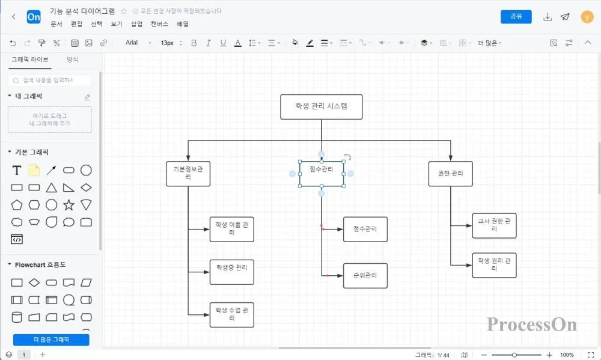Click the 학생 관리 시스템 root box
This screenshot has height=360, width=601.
point(321,106)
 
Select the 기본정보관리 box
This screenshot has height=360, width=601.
point(188,174)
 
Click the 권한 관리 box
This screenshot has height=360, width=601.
point(450,174)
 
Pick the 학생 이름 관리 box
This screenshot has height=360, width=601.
point(231,229)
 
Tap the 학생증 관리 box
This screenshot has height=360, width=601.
point(231,272)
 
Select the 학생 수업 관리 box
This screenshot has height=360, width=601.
point(231,314)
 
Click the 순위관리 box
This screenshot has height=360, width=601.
point(365,276)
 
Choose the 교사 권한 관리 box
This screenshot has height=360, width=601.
point(494,225)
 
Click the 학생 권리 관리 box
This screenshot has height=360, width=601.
point(494,265)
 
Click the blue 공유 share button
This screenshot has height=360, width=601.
point(516,17)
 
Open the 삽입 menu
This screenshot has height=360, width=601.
point(136,24)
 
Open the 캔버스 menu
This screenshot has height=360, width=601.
point(159,24)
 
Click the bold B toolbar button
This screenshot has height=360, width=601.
point(194,43)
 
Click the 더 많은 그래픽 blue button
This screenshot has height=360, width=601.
point(51,340)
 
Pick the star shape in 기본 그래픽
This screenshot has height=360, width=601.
point(69,205)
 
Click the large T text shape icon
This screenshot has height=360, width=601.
point(17,171)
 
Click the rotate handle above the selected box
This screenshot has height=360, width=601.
point(347,157)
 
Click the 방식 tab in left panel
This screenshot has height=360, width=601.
point(73,59)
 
